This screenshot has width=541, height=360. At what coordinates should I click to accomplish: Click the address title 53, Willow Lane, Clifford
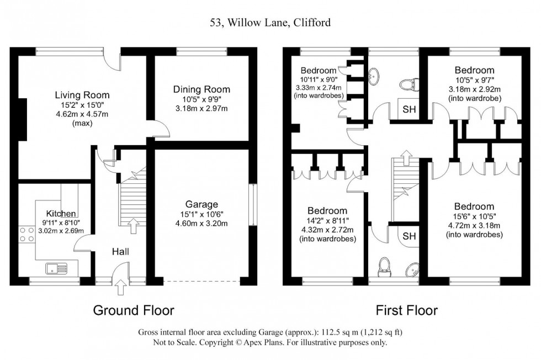point(270,23)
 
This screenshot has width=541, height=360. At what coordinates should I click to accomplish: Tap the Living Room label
point(82,94)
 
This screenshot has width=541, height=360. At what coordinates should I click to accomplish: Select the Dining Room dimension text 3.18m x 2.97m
point(201,108)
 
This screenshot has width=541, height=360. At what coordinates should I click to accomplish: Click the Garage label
point(201,204)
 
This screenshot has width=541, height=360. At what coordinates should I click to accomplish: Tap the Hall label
point(120,251)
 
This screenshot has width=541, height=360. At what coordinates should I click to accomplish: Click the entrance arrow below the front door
point(121,288)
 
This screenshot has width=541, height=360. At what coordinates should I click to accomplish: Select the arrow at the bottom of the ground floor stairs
point(132,225)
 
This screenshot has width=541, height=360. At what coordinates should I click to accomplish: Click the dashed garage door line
point(202,282)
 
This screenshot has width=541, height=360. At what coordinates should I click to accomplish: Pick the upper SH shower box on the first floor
point(409,109)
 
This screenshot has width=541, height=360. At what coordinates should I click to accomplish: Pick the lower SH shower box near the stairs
point(409,236)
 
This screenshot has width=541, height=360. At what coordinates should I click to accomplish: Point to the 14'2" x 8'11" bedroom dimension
point(327,221)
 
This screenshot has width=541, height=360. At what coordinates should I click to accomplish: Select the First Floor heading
point(407,310)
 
